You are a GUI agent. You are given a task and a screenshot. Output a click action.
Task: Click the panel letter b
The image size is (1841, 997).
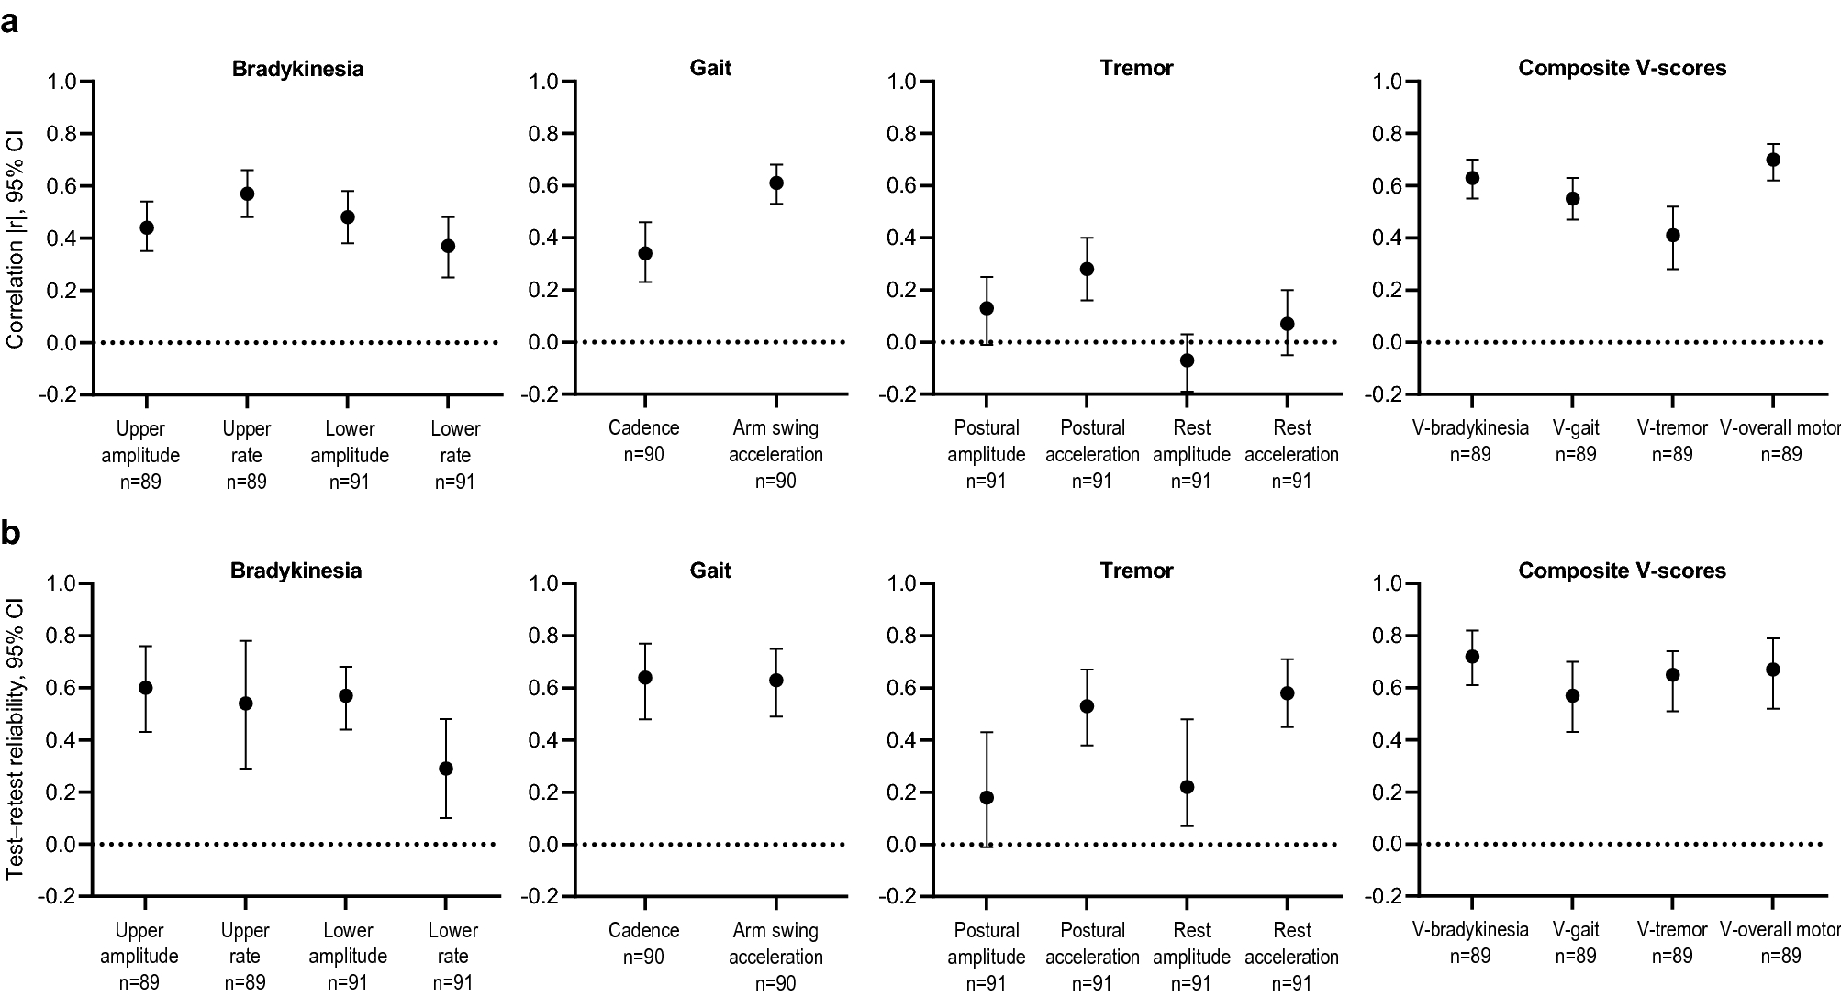click(x=11, y=533)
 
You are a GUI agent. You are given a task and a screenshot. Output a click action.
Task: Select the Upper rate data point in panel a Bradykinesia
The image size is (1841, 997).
click(x=247, y=194)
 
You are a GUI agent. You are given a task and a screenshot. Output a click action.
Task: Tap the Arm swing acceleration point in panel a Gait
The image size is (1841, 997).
click(x=776, y=183)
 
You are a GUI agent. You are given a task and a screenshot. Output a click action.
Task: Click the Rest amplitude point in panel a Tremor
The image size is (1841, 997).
click(x=1187, y=360)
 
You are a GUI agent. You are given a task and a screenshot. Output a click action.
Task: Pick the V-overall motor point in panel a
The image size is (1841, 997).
click(x=1773, y=160)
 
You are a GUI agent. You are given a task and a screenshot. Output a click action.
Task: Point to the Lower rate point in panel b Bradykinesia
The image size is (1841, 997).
click(x=446, y=769)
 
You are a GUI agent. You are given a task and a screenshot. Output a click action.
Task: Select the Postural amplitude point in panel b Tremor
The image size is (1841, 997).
click(x=987, y=797)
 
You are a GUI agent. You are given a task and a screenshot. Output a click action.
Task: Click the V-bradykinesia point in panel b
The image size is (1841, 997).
click(x=1472, y=657)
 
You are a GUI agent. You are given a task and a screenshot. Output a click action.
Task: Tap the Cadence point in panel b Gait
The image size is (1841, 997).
click(x=645, y=678)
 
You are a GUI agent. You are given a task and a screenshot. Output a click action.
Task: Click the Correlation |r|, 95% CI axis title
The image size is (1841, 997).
click(x=16, y=238)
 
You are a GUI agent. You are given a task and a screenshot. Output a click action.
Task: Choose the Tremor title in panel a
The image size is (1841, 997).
click(x=1136, y=68)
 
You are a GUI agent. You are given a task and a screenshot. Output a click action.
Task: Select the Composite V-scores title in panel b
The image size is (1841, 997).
click(x=1622, y=571)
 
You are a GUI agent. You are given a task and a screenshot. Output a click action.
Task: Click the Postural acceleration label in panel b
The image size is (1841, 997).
click(x=1092, y=943)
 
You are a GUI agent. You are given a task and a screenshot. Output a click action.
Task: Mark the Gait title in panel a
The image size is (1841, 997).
click(x=710, y=68)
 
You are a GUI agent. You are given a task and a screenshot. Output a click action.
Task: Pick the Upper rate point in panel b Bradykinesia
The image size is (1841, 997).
click(x=245, y=703)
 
